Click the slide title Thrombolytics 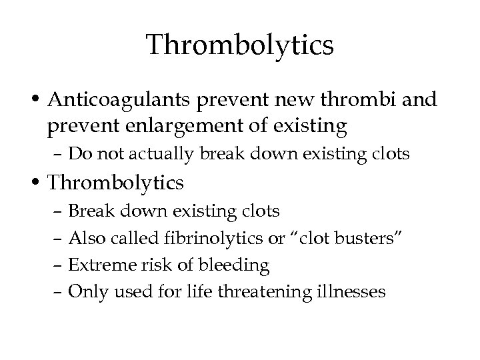point(240,45)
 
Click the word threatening point(264,291)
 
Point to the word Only point(85,291)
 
